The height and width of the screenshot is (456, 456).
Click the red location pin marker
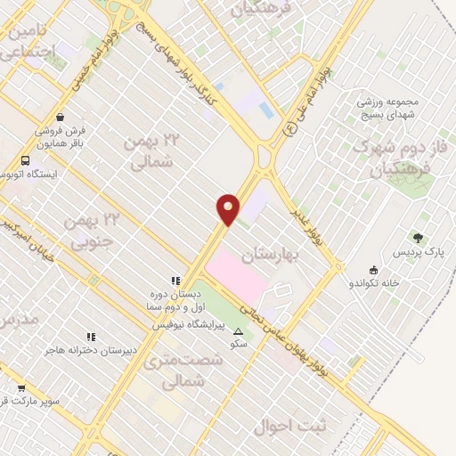point(228,209)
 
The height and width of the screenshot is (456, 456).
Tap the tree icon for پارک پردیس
point(418,238)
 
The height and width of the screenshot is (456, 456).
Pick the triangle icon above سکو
point(237,331)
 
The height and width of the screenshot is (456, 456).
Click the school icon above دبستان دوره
point(175,280)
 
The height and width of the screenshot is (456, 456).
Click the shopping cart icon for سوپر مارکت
point(21,388)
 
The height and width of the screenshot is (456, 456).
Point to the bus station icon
point(24,160)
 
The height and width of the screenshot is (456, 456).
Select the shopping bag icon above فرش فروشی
point(60,117)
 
